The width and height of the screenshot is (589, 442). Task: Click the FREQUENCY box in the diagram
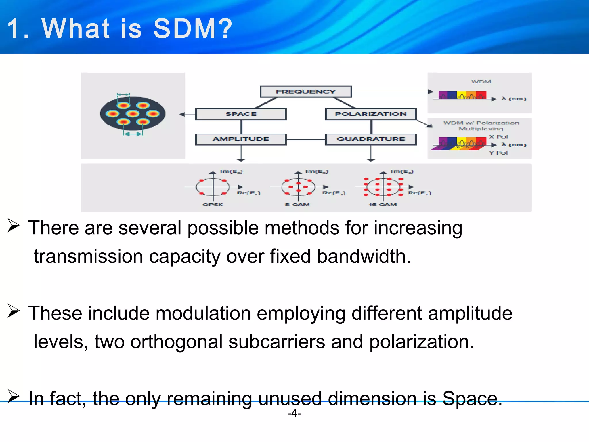[305, 92]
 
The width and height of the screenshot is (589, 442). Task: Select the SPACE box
[241, 114]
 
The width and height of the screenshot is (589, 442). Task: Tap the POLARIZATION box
[370, 114]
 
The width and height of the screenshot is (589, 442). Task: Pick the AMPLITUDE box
[241, 139]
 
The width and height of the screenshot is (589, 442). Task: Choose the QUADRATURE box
[370, 139]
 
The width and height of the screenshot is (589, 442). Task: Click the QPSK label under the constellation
[213, 205]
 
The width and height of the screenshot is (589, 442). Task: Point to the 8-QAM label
[297, 205]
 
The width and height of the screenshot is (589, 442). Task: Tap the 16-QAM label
[383, 205]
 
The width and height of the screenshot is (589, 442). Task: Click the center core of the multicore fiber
[133, 114]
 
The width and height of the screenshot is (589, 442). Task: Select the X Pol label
[498, 137]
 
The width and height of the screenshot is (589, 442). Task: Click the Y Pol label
[498, 153]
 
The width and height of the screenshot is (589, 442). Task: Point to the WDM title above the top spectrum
[481, 82]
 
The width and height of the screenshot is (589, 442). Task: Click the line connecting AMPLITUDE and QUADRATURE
[305, 140]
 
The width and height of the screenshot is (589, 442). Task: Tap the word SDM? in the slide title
[192, 28]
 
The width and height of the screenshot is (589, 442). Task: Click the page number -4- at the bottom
[294, 413]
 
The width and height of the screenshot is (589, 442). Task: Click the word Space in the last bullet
[472, 399]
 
